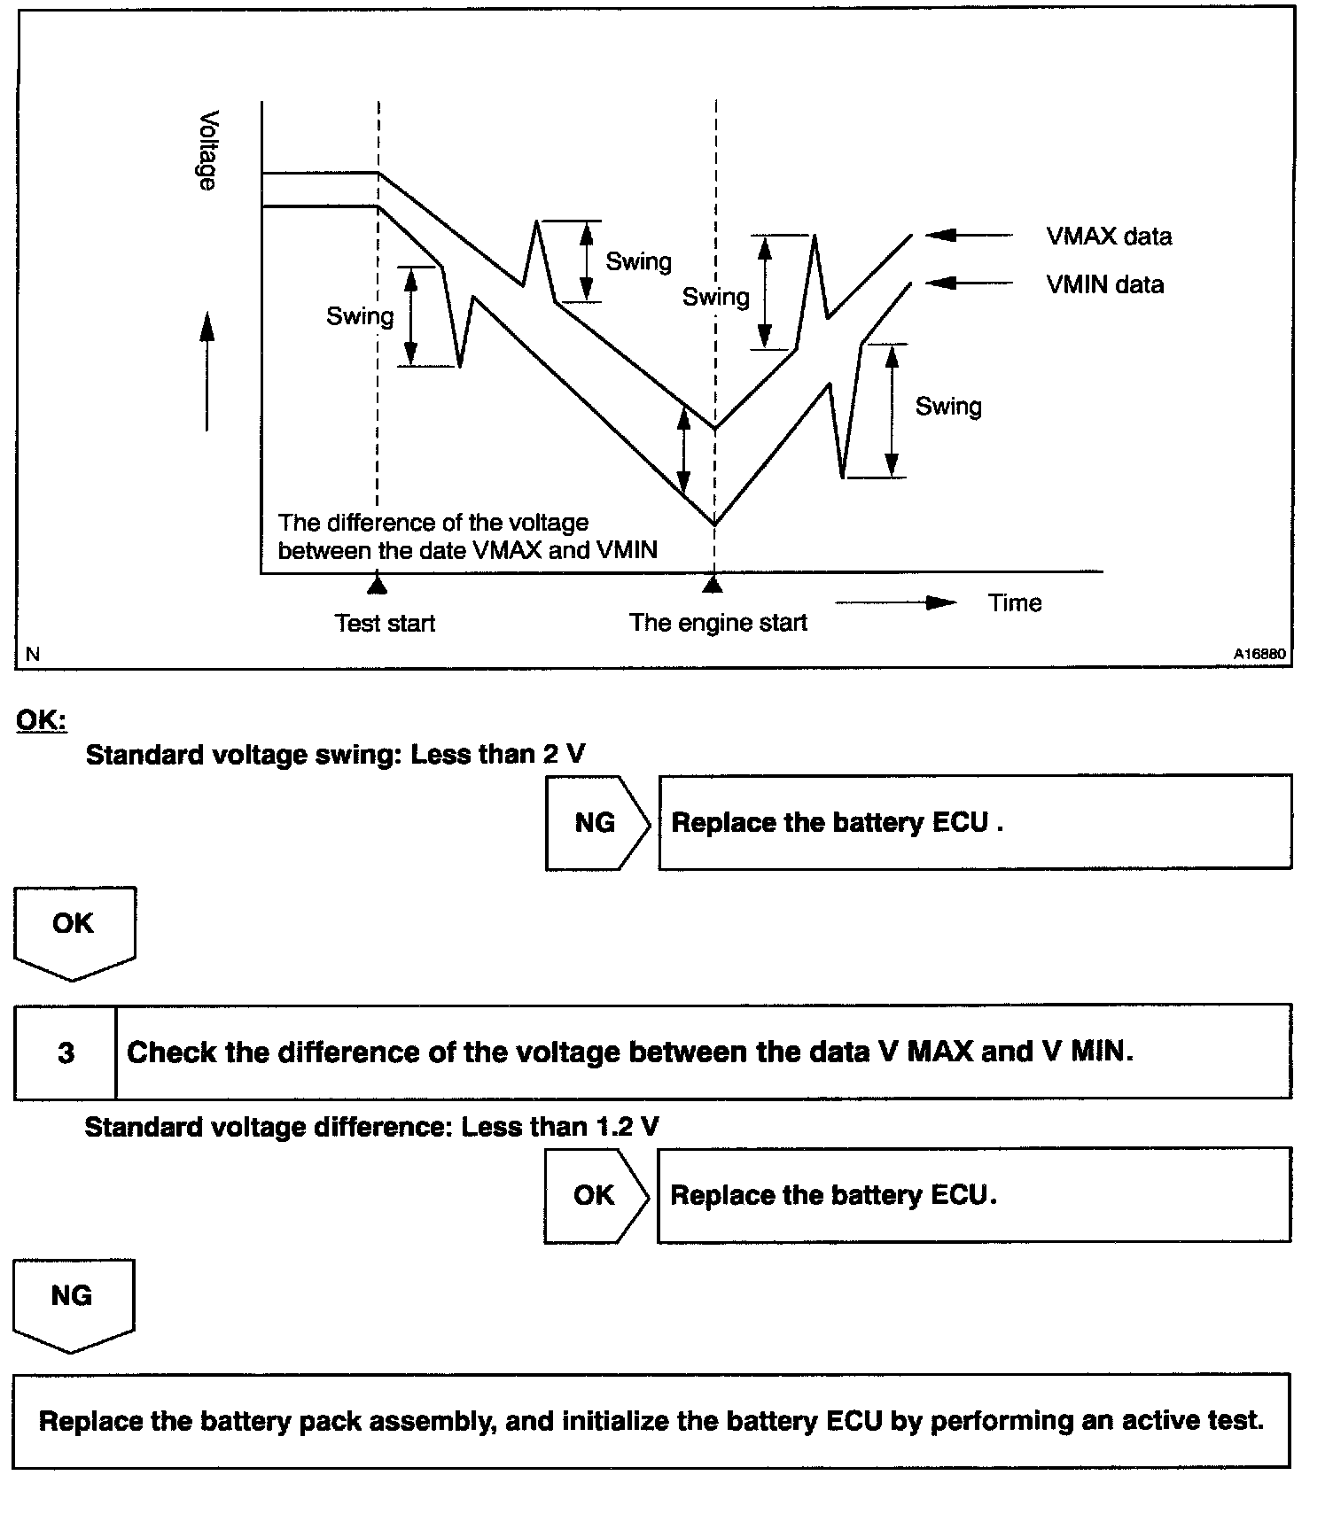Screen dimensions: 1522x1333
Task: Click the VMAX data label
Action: [1108, 237]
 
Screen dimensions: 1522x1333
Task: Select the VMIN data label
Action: [1104, 284]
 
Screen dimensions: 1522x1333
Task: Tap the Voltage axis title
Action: [208, 150]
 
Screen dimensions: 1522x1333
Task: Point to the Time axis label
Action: [1015, 603]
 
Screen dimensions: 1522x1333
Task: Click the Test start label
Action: [385, 624]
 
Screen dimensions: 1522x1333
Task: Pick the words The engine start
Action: [718, 623]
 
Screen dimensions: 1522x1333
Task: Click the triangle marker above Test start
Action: [378, 584]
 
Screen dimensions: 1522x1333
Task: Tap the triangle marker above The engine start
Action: [713, 584]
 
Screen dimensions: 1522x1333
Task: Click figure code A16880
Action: [1259, 654]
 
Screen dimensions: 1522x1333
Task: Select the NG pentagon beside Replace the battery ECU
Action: [596, 823]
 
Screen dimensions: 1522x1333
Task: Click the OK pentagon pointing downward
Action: [74, 930]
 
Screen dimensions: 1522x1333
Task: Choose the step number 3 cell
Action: [66, 1052]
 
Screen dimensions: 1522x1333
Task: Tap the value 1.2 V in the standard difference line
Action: [626, 1127]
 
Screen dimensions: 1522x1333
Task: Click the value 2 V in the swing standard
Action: [564, 754]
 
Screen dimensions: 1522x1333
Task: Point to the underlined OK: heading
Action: [41, 719]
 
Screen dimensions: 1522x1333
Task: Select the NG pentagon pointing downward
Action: [72, 1302]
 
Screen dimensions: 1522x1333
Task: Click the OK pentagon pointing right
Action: [595, 1195]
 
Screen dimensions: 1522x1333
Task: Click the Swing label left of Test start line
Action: [359, 316]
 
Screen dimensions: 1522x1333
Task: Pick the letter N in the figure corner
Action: [33, 655]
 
